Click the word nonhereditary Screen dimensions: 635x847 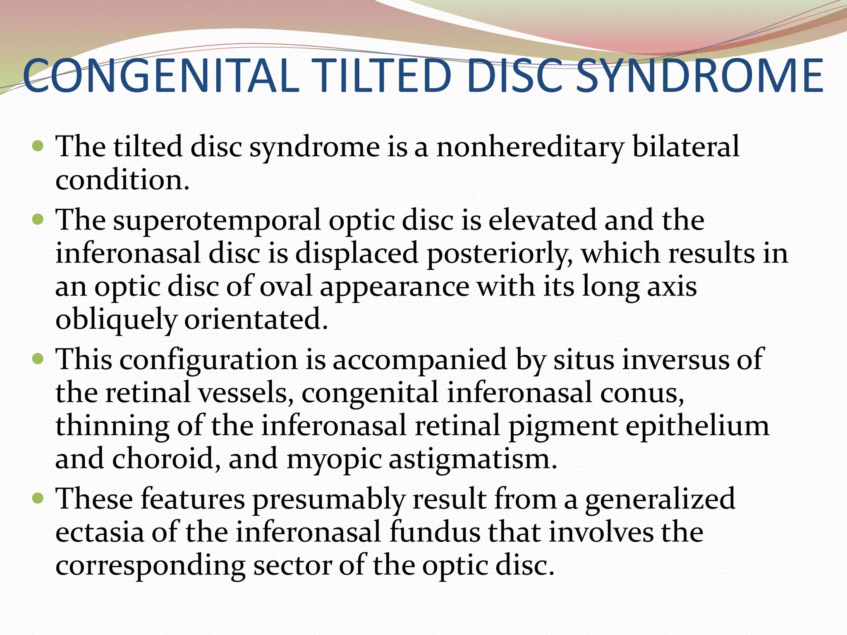click(x=529, y=148)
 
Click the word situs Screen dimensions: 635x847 click(x=584, y=359)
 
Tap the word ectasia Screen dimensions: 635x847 click(x=99, y=532)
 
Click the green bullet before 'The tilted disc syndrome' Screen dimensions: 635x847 click(x=38, y=146)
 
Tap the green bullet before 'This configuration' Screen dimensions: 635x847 click(x=38, y=358)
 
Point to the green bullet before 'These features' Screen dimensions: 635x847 click(x=38, y=498)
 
